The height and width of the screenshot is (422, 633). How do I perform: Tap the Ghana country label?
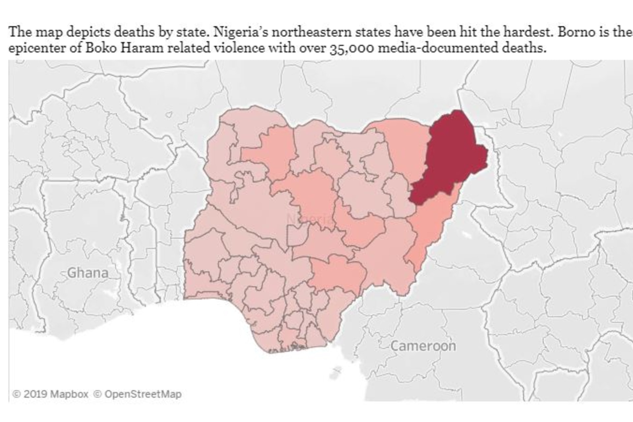(x=88, y=273)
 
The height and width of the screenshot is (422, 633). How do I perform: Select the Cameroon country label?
(x=423, y=346)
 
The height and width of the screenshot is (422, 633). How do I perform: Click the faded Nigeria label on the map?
(x=310, y=219)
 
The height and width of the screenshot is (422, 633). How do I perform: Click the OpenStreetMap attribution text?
(x=142, y=394)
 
